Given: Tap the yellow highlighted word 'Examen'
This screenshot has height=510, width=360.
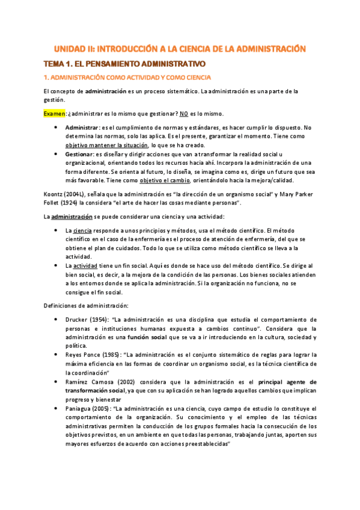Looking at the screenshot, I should tap(55, 113).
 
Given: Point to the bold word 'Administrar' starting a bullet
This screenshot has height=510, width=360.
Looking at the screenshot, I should tap(82, 127).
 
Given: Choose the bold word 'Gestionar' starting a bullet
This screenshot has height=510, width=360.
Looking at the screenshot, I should tap(80, 155).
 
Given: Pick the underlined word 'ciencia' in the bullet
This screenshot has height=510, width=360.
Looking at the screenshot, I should tap(83, 230).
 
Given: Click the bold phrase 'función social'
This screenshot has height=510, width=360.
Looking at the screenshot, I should tap(145, 337).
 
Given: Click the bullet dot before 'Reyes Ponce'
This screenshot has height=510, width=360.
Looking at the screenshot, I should tap(55, 355).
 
